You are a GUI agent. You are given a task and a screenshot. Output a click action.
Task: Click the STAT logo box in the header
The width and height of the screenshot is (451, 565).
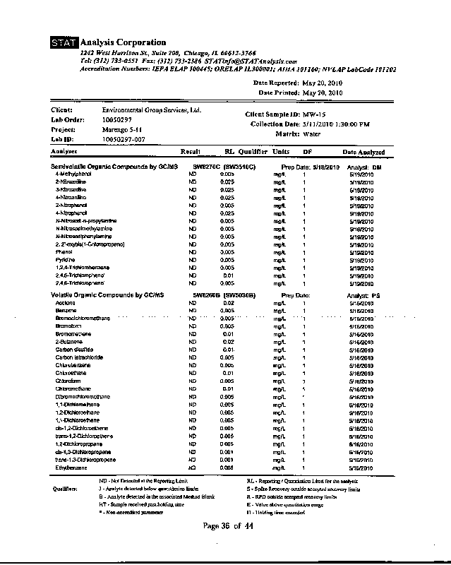(65, 43)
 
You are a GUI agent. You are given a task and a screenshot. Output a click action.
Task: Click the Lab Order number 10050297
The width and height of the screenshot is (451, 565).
(117, 121)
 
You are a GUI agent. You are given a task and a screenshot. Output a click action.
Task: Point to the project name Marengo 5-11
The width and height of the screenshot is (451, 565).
(124, 130)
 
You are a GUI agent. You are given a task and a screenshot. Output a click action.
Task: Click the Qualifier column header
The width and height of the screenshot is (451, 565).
(253, 152)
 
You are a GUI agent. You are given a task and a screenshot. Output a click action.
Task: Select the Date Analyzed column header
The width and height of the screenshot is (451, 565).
(363, 152)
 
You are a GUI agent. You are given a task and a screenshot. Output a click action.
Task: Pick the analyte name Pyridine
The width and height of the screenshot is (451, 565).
(65, 260)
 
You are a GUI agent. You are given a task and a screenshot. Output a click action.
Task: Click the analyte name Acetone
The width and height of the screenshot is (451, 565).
(65, 303)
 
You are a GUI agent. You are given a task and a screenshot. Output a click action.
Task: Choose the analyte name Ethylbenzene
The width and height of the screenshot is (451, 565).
(71, 468)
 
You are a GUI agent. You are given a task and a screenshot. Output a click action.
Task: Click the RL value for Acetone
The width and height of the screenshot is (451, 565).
(228, 303)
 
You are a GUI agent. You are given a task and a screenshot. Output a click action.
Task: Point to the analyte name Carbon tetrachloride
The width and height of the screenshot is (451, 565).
(79, 357)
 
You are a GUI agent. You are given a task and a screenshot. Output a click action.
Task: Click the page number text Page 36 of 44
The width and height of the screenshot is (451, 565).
(227, 526)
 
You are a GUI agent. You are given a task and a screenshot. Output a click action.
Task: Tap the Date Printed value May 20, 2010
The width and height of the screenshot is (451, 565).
(322, 93)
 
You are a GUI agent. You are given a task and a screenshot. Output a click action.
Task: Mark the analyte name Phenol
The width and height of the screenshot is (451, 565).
(64, 251)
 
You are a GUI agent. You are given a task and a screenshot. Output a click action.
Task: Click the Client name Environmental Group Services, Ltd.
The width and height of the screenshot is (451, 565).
(152, 111)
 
